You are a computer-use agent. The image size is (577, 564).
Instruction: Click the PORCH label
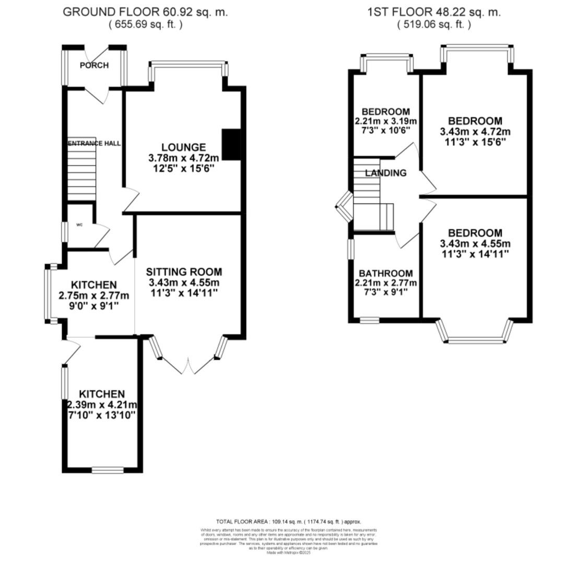(94, 65)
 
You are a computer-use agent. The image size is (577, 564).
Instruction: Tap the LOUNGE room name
(183, 147)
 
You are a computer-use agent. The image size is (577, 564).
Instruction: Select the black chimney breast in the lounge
(231, 144)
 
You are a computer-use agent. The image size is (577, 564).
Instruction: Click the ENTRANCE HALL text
(94, 143)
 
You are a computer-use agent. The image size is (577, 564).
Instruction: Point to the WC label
(79, 225)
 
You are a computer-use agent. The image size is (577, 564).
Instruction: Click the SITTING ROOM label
(183, 272)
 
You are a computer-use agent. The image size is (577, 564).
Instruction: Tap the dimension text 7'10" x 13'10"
(102, 415)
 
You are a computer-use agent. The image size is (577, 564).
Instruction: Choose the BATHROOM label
(385, 273)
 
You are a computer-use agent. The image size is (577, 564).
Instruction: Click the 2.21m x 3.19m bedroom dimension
(385, 121)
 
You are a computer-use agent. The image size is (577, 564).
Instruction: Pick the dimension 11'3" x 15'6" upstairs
(475, 141)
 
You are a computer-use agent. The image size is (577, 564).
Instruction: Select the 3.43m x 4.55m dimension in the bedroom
(475, 243)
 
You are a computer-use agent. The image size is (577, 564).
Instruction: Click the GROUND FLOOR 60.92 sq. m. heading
(145, 12)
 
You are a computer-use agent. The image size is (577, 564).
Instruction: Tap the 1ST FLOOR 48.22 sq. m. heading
(433, 12)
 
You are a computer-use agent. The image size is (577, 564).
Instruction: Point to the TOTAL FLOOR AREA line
(288, 522)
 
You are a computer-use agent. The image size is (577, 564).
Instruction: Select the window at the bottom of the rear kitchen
(108, 470)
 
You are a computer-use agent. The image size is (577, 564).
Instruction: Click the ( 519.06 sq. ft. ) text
(433, 24)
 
